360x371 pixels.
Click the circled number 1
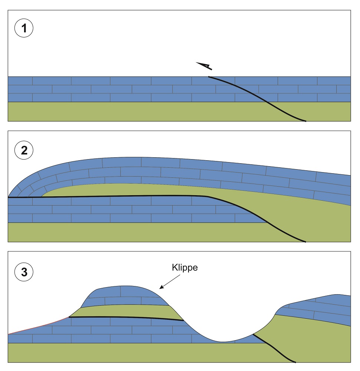(x=24, y=29)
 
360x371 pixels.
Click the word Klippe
(x=185, y=268)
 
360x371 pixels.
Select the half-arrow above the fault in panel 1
(x=204, y=66)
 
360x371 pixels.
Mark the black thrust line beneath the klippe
(x=126, y=318)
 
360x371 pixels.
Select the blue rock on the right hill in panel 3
(x=319, y=306)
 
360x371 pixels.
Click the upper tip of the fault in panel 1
(x=209, y=77)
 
